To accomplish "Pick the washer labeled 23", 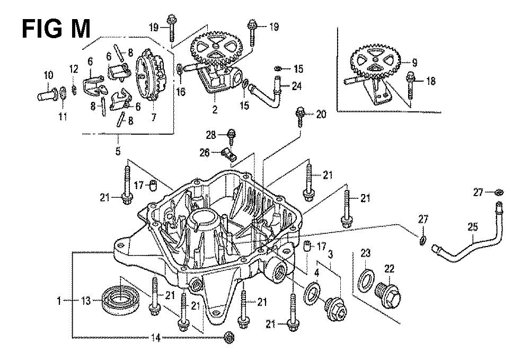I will point(366,280).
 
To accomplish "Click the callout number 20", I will point(322,115).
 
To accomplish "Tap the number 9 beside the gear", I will point(414,63).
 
